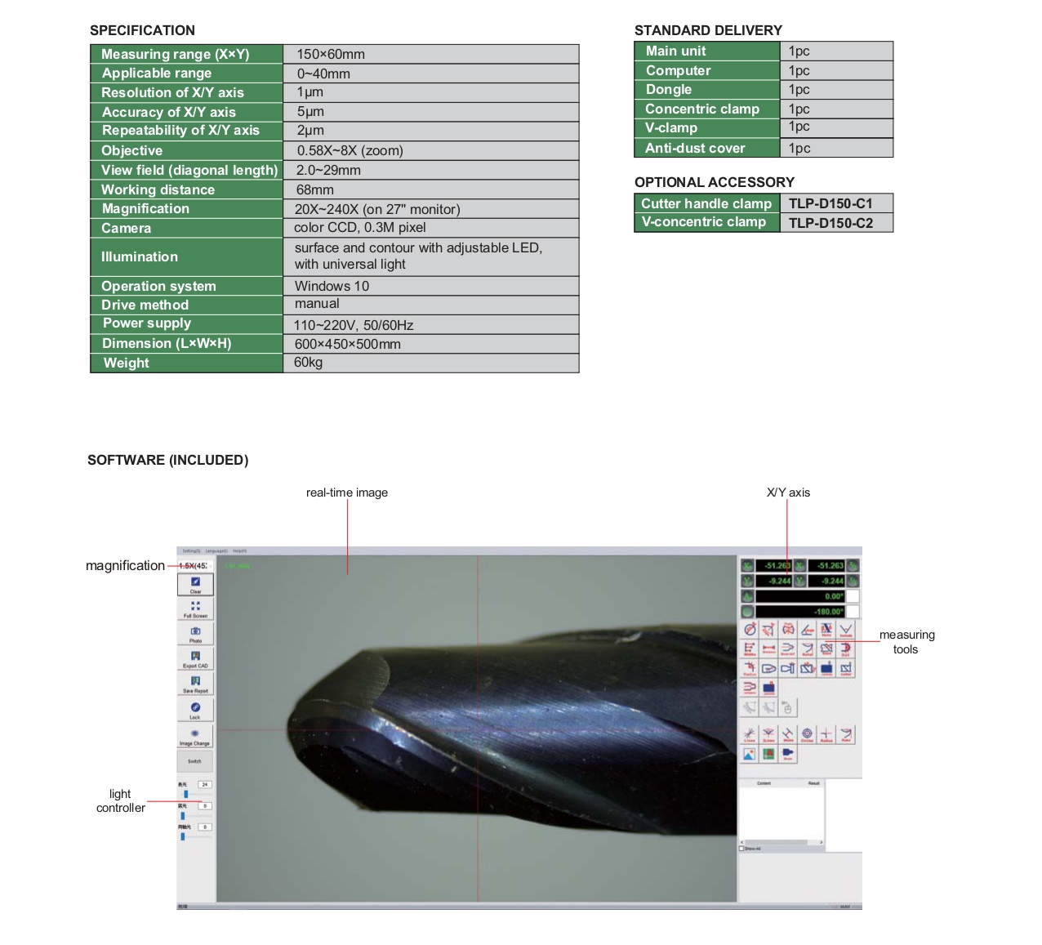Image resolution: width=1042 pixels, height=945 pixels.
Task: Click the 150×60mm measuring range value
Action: (x=331, y=55)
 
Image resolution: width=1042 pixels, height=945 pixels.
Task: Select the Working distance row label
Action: (x=158, y=189)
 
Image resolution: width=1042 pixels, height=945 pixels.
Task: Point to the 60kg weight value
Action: (x=309, y=363)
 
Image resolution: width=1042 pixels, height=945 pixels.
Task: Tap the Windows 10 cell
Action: (x=332, y=286)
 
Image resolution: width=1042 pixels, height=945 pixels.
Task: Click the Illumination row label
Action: (x=140, y=256)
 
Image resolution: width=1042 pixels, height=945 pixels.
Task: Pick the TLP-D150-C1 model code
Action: (x=830, y=203)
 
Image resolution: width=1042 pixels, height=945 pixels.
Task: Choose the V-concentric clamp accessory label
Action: (x=704, y=222)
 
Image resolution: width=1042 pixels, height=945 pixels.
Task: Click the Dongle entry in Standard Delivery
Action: (x=669, y=90)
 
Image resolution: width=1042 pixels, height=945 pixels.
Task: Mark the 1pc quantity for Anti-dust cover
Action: (x=799, y=148)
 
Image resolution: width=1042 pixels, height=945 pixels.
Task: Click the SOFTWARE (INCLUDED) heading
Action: (x=168, y=461)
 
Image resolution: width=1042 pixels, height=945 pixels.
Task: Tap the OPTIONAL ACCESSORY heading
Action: (x=715, y=182)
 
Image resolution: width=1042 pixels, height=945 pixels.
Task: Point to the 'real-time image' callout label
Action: (x=347, y=493)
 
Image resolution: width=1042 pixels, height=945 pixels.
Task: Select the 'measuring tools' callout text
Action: (x=906, y=642)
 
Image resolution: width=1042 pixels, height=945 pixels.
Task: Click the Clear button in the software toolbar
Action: (x=196, y=584)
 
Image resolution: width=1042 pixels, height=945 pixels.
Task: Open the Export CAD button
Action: (x=196, y=658)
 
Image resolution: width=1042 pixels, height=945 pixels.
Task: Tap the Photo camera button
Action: (x=196, y=633)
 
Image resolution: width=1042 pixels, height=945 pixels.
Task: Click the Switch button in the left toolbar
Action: (x=195, y=760)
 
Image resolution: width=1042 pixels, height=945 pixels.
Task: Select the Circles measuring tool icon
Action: (x=807, y=735)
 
